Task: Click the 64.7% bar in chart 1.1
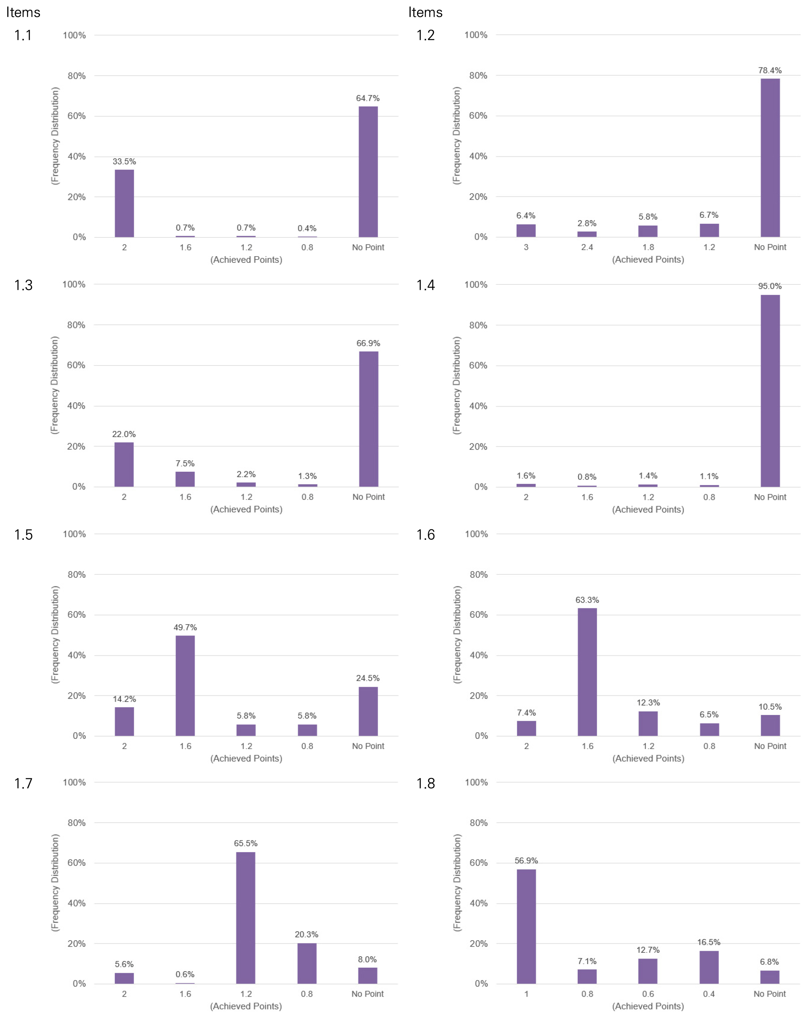coord(368,172)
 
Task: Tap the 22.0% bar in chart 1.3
coord(124,465)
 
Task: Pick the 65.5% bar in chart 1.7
coord(246,917)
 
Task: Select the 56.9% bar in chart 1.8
coord(526,927)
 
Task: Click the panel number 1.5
coord(23,534)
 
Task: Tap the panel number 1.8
coord(425,784)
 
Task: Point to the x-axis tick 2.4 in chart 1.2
coord(587,247)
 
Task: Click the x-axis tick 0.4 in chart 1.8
coord(709,994)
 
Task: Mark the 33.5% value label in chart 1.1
coord(124,162)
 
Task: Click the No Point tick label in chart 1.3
coord(369,497)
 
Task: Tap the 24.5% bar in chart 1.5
coord(368,711)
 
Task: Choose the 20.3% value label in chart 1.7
coord(307,934)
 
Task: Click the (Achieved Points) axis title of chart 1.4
coord(648,509)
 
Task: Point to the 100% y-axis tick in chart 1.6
coord(476,534)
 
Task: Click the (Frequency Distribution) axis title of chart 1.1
coord(55,136)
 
